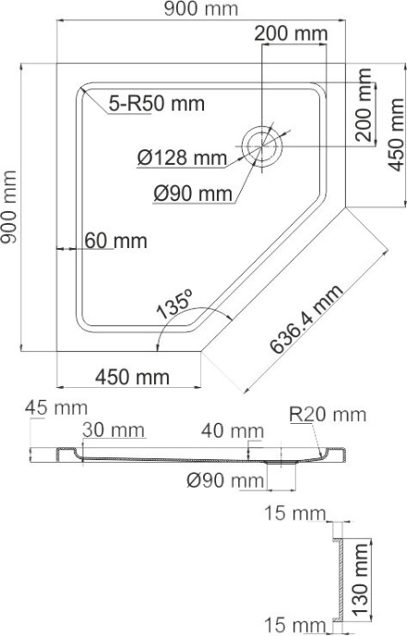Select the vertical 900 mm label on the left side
coord(10,207)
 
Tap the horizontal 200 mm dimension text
coord(291,34)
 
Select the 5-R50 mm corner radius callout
coord(155,103)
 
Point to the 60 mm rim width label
coord(115,241)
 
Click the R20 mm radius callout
coord(327,414)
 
